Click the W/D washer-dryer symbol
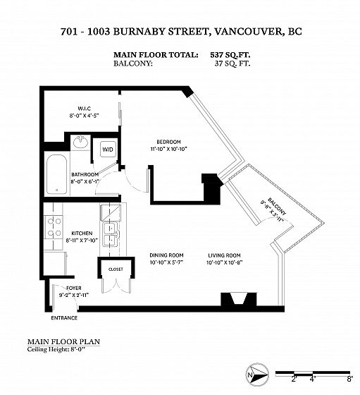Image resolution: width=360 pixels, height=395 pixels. point(108,150)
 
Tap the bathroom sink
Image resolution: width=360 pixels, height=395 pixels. point(80,142)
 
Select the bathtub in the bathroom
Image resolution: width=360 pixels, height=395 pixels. point(57,174)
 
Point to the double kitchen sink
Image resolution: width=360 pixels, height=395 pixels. point(111,234)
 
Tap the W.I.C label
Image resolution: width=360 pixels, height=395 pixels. point(84,109)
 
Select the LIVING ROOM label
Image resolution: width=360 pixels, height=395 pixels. point(224,255)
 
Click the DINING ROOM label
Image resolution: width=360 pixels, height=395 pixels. point(166,255)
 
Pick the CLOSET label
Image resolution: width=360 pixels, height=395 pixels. point(116,269)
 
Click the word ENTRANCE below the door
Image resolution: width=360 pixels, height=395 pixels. point(64,318)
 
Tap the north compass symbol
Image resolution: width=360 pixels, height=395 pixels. point(257,374)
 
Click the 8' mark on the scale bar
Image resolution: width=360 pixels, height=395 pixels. point(349,379)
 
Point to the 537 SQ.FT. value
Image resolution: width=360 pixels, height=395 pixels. point(230,55)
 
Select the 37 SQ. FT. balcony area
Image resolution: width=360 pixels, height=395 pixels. point(232,63)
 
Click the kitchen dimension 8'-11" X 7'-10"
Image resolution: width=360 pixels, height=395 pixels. point(82,241)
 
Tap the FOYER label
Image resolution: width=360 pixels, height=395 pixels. point(74,288)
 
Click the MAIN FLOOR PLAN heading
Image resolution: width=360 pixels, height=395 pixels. point(63,342)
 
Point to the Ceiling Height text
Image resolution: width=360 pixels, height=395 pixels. point(56,350)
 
